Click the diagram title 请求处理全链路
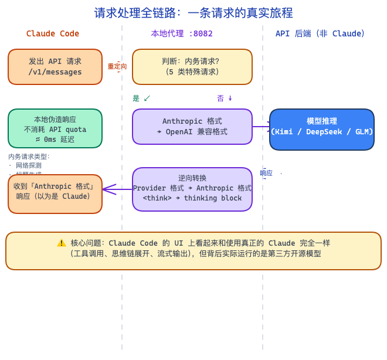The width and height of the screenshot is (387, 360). pyautogui.click(x=193, y=13)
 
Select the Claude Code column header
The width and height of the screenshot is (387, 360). pyautogui.click(x=53, y=33)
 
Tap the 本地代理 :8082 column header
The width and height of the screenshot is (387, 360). pyautogui.click(x=182, y=33)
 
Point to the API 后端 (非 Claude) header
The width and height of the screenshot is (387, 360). pyautogui.click(x=320, y=33)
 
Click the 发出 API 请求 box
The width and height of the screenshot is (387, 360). pyautogui.click(x=55, y=66)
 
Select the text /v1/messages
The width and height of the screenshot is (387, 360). pyautogui.click(x=55, y=72)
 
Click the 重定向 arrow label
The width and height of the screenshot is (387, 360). pyautogui.click(x=117, y=66)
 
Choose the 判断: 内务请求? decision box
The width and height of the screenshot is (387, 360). pyautogui.click(x=192, y=66)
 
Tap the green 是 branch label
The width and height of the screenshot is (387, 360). pyautogui.click(x=136, y=99)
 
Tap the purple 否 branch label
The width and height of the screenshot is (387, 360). pyautogui.click(x=220, y=99)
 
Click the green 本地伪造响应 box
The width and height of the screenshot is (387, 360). pyautogui.click(x=55, y=128)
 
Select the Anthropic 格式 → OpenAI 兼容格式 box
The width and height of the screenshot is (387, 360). pyautogui.click(x=192, y=126)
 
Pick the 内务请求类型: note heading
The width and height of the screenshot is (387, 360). pyautogui.click(x=29, y=157)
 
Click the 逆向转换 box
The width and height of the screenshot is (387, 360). pyautogui.click(x=192, y=189)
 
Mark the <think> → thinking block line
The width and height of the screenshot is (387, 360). pyautogui.click(x=192, y=198)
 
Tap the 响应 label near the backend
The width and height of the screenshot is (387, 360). pyautogui.click(x=266, y=173)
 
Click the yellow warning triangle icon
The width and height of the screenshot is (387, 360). pyautogui.click(x=62, y=243)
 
